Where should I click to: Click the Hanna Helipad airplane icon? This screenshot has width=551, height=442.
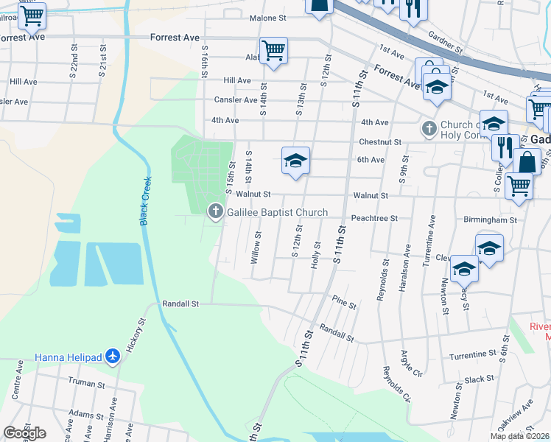[x=113, y=357]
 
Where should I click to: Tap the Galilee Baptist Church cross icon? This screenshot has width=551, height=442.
[x=216, y=212]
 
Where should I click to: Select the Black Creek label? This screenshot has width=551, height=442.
[x=145, y=200]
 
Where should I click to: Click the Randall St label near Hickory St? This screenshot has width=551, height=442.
[x=180, y=304]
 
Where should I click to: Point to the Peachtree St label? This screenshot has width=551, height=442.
[x=374, y=218]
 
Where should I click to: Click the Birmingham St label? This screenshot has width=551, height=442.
[x=491, y=220]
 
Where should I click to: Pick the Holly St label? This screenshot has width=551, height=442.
[x=317, y=255]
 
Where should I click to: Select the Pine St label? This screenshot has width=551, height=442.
[x=344, y=303]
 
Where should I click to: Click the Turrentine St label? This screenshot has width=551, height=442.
[x=472, y=355]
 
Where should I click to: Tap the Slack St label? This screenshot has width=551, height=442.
[x=479, y=379]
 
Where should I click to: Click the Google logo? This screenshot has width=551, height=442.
[x=24, y=432]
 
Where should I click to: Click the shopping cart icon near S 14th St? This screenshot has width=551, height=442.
[x=273, y=51]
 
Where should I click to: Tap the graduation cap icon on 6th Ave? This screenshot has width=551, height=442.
[x=295, y=161]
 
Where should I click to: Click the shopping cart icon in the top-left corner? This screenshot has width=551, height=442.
[x=32, y=14]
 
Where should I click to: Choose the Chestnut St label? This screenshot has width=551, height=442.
[x=380, y=141]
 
